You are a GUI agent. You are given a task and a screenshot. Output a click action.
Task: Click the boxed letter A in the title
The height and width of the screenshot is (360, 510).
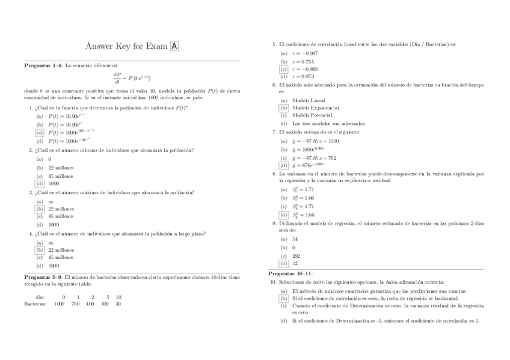point(174,46)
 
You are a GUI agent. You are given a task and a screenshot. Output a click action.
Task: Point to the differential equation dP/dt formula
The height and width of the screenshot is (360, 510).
point(132,78)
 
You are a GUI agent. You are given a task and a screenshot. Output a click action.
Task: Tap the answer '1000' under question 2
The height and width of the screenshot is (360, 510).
point(54,183)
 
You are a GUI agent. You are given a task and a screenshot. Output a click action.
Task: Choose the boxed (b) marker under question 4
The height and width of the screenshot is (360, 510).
point(40,250)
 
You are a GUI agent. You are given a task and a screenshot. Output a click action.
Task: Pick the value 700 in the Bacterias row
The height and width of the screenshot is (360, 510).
point(75,304)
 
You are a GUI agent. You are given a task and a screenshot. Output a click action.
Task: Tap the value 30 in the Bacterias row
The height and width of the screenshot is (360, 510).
point(118,304)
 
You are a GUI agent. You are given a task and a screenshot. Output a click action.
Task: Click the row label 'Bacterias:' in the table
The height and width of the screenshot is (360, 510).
point(36,304)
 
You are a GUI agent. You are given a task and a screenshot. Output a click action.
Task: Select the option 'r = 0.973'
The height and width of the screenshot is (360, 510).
point(303,76)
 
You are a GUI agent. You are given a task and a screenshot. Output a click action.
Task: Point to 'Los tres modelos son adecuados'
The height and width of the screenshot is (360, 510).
point(329,123)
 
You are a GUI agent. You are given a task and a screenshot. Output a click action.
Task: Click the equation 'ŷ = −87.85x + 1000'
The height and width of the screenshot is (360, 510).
point(315,141)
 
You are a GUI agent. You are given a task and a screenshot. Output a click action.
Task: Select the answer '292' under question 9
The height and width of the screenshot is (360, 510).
point(296,255)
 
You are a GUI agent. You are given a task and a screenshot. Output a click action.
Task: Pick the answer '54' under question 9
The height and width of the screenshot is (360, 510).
point(295,239)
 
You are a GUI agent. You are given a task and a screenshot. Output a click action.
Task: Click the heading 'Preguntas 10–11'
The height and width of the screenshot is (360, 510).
point(290,273)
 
